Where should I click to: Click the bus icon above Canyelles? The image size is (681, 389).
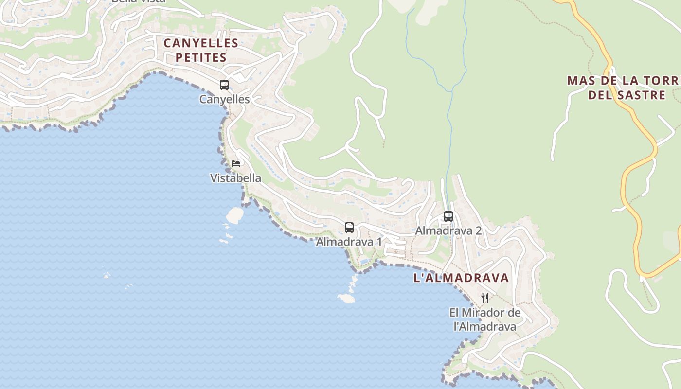(x=224, y=85)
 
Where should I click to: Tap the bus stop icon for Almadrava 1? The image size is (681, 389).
(x=349, y=227)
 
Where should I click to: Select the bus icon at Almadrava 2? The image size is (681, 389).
(x=448, y=216)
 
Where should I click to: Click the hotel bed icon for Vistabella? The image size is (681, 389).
(x=236, y=163)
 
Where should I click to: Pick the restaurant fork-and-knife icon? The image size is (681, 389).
(x=484, y=298)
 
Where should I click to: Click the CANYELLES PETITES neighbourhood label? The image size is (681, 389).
(x=201, y=50)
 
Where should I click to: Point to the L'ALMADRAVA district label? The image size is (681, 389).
(x=461, y=278)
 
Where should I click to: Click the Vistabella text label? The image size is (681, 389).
(x=235, y=178)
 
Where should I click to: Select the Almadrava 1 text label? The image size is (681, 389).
(x=349, y=242)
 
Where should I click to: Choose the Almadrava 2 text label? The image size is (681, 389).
(x=448, y=230)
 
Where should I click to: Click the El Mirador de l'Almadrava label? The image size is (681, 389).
(x=484, y=319)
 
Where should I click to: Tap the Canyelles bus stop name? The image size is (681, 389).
(x=224, y=99)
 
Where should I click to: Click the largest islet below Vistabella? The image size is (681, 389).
(x=235, y=213)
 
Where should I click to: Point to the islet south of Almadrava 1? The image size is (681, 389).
(x=346, y=298)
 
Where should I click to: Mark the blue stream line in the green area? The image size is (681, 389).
(x=450, y=122)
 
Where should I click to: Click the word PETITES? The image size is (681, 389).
(x=201, y=57)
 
